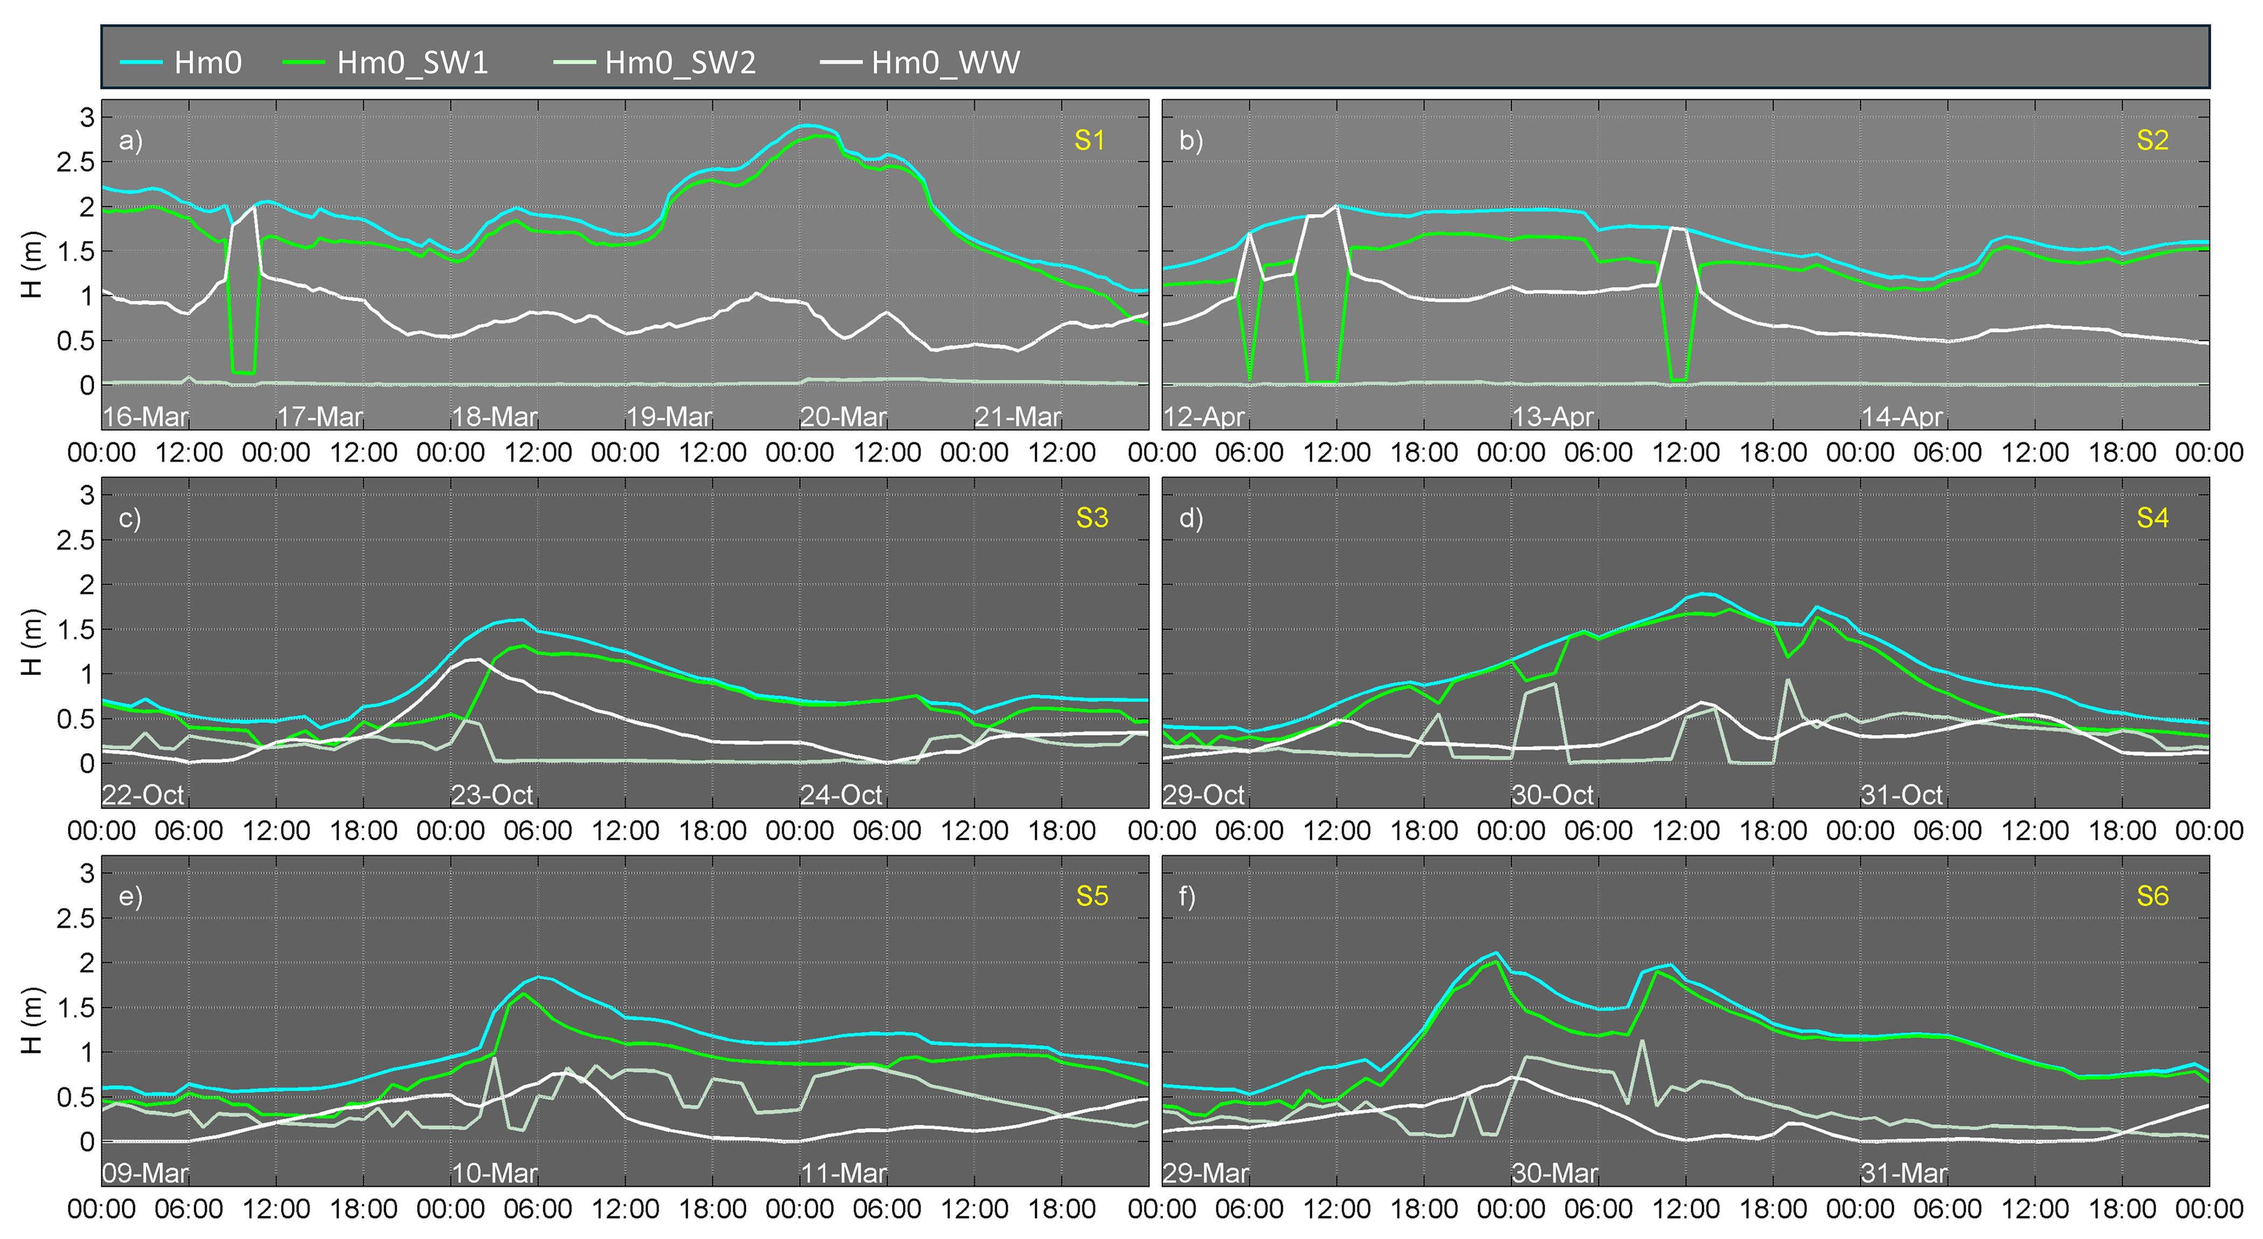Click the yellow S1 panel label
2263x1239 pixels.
click(1090, 140)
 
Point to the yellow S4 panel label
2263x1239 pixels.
click(2152, 518)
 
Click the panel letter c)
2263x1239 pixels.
click(130, 518)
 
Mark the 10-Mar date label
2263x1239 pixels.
click(494, 1173)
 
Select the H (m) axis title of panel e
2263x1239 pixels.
click(32, 1020)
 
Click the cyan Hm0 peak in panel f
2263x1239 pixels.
click(1496, 953)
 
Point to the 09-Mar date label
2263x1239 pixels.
click(145, 1173)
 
